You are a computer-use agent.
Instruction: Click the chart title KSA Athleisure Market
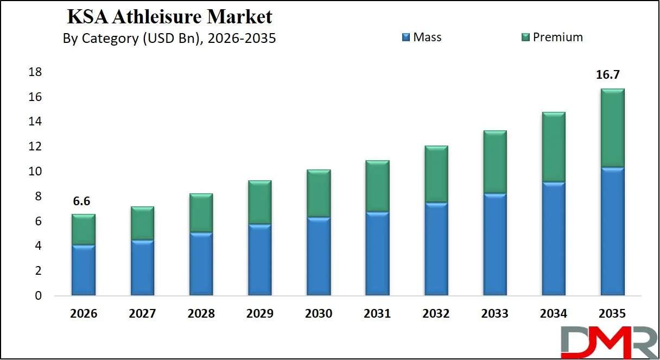(x=169, y=17)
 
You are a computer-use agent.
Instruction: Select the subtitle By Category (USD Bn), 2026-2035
(x=169, y=39)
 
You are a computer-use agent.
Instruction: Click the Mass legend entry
(x=422, y=37)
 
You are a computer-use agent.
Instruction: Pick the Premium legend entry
(x=552, y=37)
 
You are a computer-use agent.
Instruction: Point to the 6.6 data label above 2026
(x=81, y=201)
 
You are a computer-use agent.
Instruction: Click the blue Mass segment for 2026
(x=84, y=270)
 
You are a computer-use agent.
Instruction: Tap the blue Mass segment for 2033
(x=494, y=244)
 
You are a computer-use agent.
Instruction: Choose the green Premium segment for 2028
(x=201, y=213)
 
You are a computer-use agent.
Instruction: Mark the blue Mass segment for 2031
(x=377, y=254)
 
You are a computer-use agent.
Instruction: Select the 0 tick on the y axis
(x=37, y=296)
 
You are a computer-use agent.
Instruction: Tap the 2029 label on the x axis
(x=259, y=314)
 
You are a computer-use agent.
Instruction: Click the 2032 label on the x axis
(x=436, y=314)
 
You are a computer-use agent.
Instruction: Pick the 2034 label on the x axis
(x=554, y=314)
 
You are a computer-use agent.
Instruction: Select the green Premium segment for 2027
(x=142, y=223)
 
